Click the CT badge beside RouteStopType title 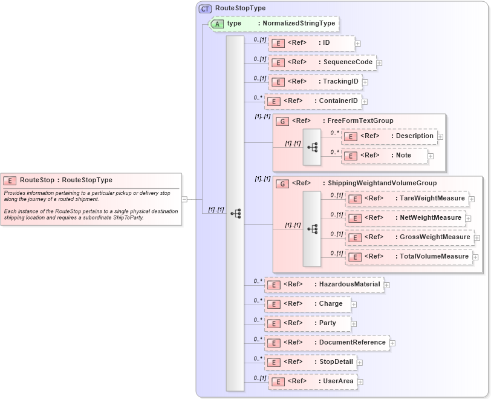click(206, 8)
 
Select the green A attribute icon click(217, 24)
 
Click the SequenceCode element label click(348, 62)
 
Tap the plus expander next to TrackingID click(365, 82)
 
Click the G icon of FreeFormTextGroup click(282, 121)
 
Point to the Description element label click(414, 136)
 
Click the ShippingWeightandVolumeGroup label click(382, 183)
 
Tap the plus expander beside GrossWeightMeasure click(477, 238)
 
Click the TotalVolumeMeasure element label click(434, 257)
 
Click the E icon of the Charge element click(274, 305)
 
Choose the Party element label click(327, 323)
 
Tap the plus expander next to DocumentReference click(392, 343)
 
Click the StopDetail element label click(336, 362)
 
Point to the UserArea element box click(313, 381)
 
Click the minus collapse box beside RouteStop click(184, 199)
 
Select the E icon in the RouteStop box click(10, 180)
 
